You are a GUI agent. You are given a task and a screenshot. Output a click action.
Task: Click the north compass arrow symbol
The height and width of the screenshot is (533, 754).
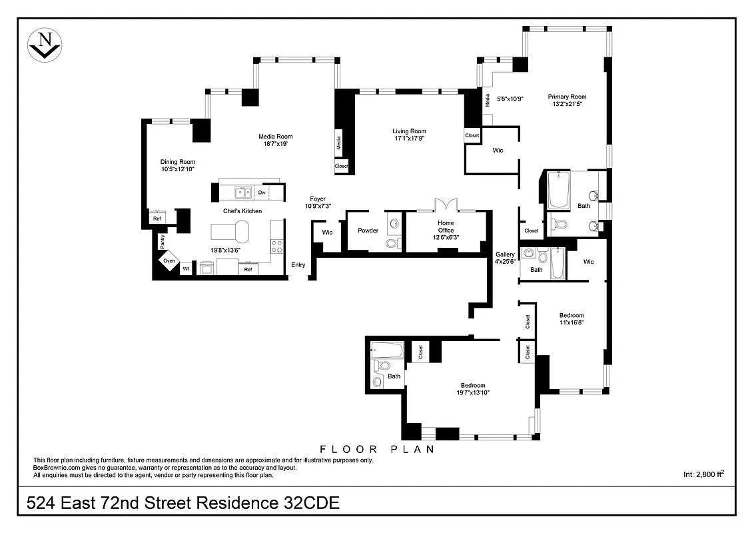pyautogui.click(x=45, y=45)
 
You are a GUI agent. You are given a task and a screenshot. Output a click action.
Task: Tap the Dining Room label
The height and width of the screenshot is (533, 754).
pyautogui.click(x=177, y=162)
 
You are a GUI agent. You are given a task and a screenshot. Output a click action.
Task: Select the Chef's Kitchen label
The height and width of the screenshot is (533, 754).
pyautogui.click(x=242, y=211)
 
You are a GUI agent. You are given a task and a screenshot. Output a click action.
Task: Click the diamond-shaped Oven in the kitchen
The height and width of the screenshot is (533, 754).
pyautogui.click(x=169, y=261)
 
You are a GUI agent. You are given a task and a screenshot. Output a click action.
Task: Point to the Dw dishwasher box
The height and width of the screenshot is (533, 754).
pyautogui.click(x=262, y=193)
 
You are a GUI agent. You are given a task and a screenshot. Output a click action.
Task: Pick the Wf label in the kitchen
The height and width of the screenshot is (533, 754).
pyautogui.click(x=187, y=269)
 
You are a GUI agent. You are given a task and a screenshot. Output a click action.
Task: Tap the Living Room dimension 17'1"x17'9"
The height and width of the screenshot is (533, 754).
pyautogui.click(x=409, y=139)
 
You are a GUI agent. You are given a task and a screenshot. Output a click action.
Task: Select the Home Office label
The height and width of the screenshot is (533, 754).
pyautogui.click(x=446, y=227)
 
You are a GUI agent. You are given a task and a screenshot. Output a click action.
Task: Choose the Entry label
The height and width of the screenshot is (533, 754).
pyautogui.click(x=298, y=265)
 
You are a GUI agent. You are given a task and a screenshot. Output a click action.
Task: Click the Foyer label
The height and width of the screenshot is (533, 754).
pyautogui.click(x=318, y=199)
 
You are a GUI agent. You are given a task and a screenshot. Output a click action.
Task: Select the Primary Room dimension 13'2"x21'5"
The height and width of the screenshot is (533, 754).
pyautogui.click(x=568, y=104)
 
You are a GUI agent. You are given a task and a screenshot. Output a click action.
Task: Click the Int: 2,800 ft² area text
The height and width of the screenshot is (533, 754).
pyautogui.click(x=703, y=474)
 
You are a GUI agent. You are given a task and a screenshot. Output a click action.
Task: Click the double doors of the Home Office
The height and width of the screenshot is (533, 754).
pyautogui.click(x=446, y=205)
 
